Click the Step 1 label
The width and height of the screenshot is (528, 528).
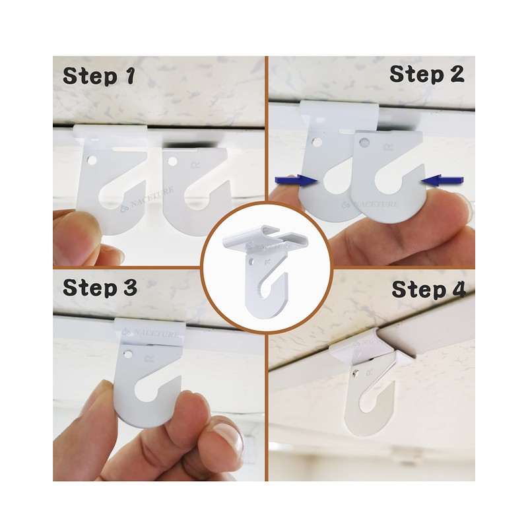tap(99, 75)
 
